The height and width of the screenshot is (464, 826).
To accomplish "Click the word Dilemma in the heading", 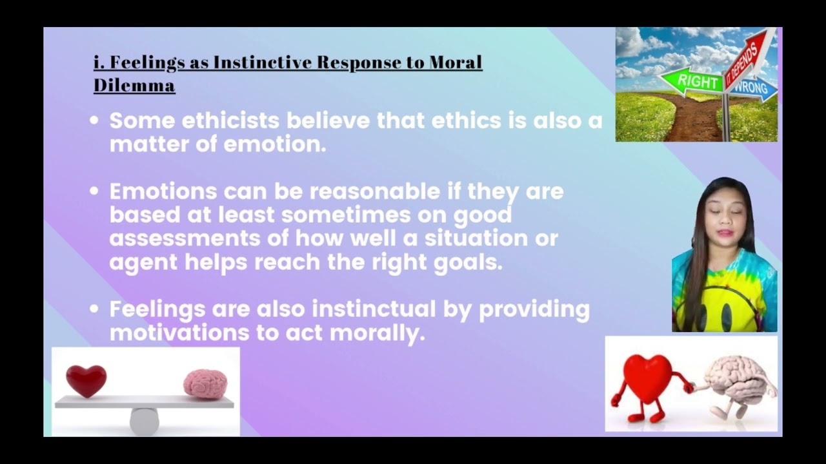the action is (134, 85).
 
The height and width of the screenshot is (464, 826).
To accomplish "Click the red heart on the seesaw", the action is (86, 381).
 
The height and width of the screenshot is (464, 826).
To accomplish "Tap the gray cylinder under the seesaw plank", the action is (144, 421).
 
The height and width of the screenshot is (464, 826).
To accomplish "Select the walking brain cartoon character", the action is (736, 385).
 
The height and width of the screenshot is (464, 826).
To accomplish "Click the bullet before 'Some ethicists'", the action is (94, 121).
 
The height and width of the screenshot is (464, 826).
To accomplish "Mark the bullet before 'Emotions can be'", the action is (94, 191).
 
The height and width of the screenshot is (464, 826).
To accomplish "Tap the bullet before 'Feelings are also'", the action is (94, 309).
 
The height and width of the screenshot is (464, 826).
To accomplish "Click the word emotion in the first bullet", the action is (275, 144).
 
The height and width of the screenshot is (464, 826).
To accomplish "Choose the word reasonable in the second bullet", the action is (375, 191).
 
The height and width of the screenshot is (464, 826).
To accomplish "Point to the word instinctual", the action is (374, 309).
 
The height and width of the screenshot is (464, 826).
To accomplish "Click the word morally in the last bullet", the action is (378, 334).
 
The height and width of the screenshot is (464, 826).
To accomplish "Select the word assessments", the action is (185, 238).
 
